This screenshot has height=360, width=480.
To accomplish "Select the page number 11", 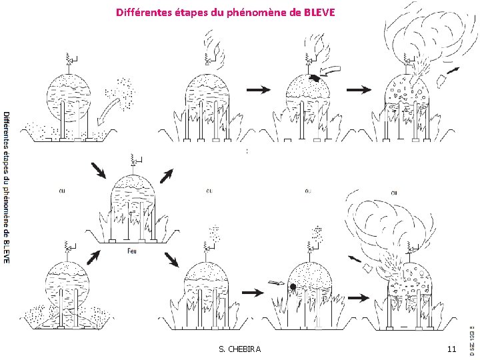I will click(451, 349).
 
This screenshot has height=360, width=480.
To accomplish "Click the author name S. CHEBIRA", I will click(240, 349).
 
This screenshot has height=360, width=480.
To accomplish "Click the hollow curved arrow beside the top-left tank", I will click(113, 109).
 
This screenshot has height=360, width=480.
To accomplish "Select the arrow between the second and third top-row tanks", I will click(259, 89).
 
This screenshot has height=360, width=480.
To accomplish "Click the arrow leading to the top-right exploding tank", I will click(359, 89).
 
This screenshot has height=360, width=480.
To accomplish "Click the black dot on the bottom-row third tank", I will click(292, 287).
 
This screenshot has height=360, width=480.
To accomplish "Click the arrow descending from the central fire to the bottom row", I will click(172, 260).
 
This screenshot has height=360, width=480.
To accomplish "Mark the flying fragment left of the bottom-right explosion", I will click(367, 268).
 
